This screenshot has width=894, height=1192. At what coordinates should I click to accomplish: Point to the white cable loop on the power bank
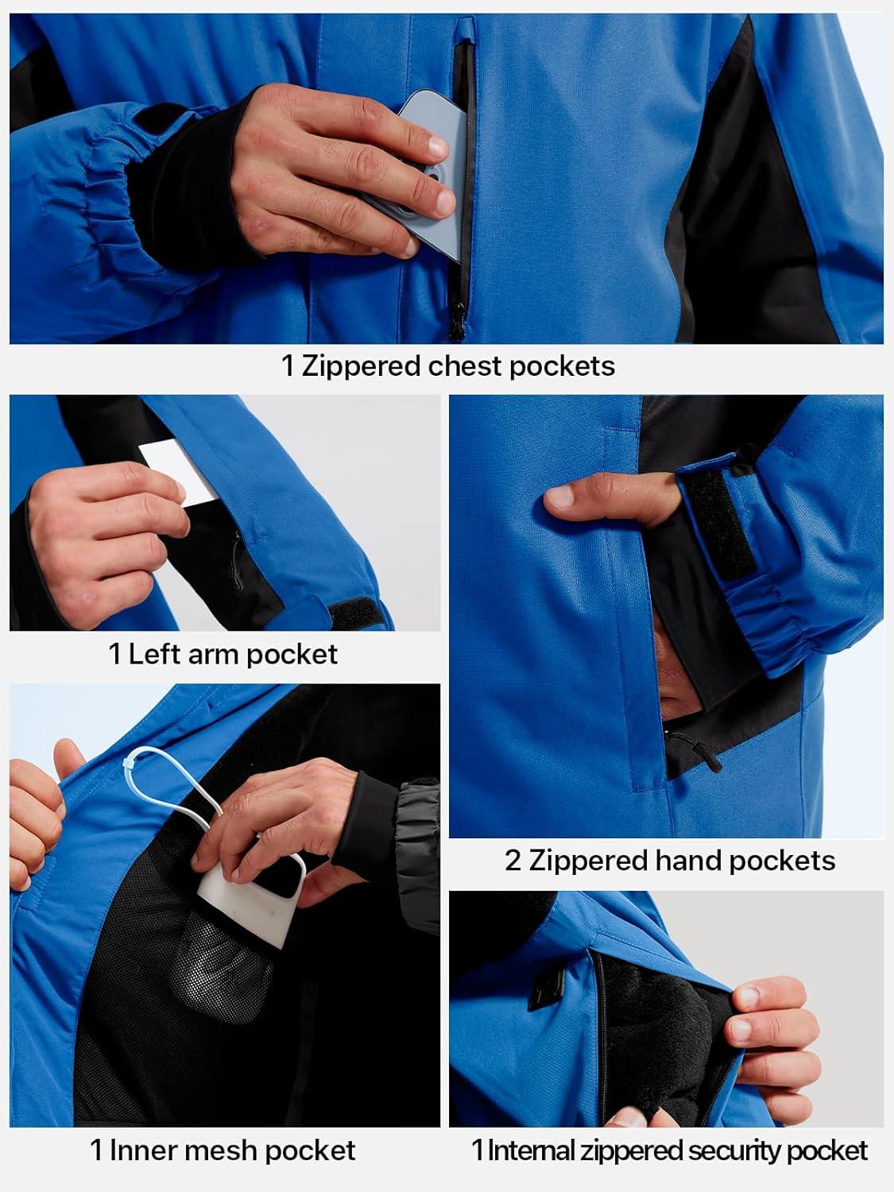click(163, 782)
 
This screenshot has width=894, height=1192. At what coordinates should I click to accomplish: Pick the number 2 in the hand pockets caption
click(513, 860)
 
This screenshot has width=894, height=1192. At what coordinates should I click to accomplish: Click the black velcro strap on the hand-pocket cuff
click(718, 522)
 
